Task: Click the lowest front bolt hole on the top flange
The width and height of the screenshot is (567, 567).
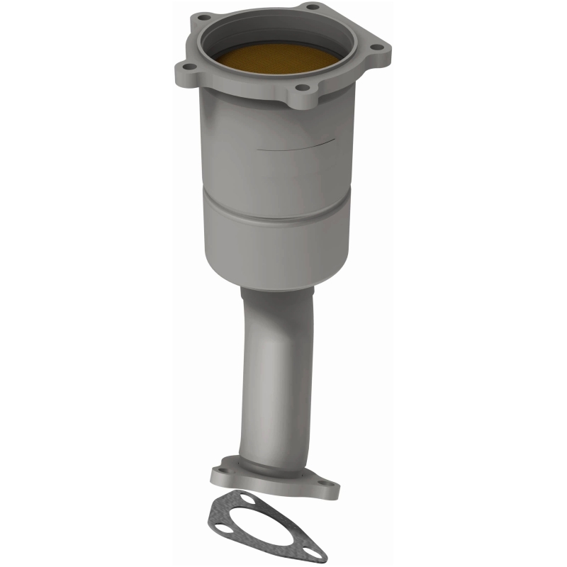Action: pyautogui.click(x=303, y=89)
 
